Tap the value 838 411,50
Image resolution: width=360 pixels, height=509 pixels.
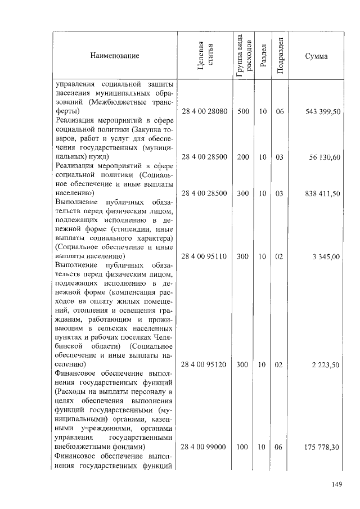[323, 193]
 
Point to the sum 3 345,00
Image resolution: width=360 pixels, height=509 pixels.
[327, 256]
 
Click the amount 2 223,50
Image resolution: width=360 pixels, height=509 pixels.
[327, 364]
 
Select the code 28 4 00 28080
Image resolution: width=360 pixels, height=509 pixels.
[205, 112]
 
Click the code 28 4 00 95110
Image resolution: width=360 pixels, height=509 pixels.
[205, 256]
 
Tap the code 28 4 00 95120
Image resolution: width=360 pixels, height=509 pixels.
[205, 364]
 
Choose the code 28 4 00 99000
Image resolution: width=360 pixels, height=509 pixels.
[205, 447]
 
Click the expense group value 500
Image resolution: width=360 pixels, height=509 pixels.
[243, 112]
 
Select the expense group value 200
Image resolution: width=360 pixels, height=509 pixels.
[243, 156]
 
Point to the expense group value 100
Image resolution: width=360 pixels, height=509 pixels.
[243, 447]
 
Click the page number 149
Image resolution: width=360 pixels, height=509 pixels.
[337, 484]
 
